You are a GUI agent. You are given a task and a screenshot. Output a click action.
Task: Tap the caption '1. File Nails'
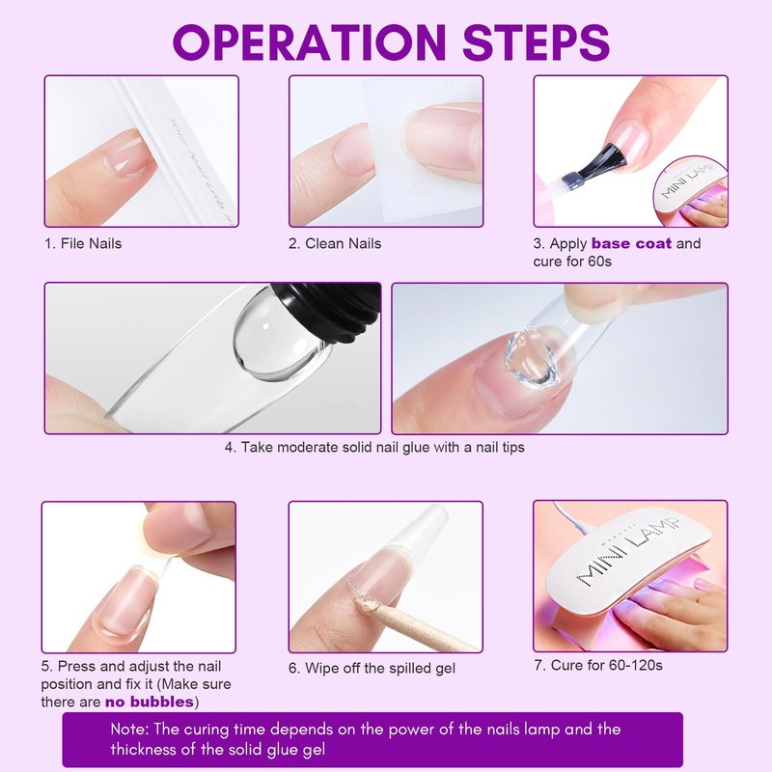coord(83,244)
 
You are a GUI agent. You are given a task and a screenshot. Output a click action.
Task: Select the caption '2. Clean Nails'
coord(335,244)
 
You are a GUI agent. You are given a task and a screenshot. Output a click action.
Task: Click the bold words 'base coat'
coord(631,243)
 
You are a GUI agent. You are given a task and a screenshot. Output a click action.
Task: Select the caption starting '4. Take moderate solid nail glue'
coord(374,448)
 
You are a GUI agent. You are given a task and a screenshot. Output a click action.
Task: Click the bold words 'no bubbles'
coord(150,702)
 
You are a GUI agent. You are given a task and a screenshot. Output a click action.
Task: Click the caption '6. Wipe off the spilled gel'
coord(372,668)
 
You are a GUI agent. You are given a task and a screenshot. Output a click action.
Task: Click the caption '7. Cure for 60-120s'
coord(598,666)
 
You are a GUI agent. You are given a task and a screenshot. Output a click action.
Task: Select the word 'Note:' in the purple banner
coord(129,729)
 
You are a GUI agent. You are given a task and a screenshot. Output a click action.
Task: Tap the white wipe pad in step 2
coord(424,148)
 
